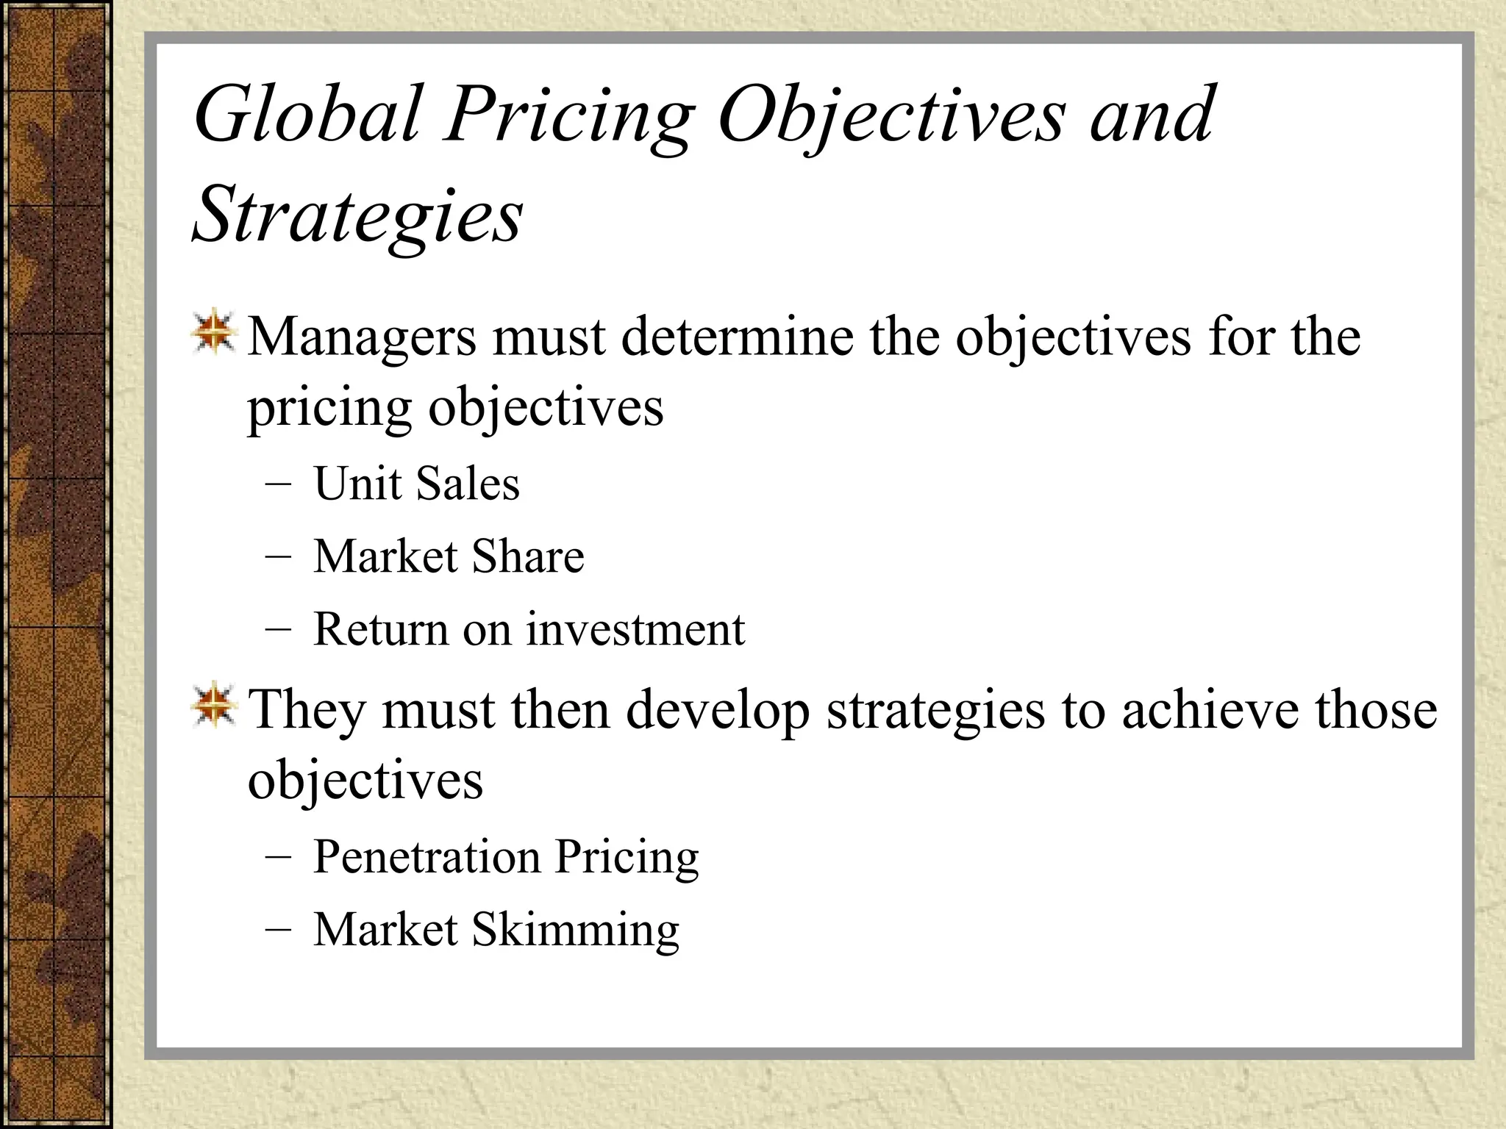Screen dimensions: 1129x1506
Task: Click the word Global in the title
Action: [307, 115]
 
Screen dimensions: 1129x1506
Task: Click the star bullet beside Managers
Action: [214, 332]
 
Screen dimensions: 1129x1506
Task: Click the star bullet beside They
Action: [214, 706]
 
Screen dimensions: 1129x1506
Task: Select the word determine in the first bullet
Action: [737, 337]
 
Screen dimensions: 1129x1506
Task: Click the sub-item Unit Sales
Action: [416, 484]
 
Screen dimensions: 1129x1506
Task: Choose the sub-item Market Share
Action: [449, 556]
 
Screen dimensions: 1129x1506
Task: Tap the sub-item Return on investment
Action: [529, 629]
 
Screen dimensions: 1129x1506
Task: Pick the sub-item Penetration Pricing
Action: [506, 857]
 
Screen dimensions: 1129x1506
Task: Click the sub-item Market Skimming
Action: [496, 930]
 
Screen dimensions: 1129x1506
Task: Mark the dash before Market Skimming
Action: [278, 931]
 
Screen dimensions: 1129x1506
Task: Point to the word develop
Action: [718, 710]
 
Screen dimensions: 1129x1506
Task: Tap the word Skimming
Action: [575, 930]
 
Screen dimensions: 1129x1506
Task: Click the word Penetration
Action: [427, 857]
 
